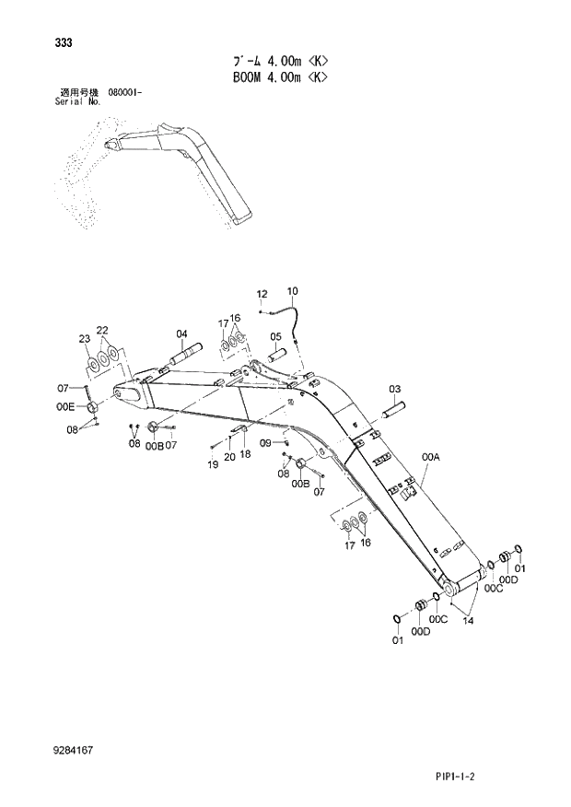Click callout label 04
coord(181,333)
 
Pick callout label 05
coord(275,337)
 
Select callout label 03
coord(394,389)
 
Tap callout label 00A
coord(430,456)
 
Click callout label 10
coord(292,292)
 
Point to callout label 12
coord(262,294)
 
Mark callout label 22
coord(102,330)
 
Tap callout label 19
coord(213,464)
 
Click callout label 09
coord(265,443)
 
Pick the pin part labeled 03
coord(390,406)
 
